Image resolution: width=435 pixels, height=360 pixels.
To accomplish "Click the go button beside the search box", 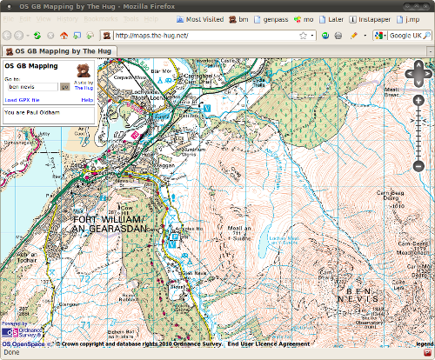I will [64, 87].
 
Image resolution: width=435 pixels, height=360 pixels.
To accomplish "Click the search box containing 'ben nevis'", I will [32, 87].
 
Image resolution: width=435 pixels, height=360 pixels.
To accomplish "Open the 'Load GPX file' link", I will [22, 100].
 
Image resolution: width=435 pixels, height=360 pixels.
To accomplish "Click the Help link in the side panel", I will [87, 100].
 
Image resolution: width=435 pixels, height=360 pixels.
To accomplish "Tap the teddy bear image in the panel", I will [83, 70].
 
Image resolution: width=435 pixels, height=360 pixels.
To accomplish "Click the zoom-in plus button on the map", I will [418, 100].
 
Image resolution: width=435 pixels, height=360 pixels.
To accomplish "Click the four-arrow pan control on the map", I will [418, 75].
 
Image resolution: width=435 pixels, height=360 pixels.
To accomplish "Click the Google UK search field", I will [409, 36].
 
